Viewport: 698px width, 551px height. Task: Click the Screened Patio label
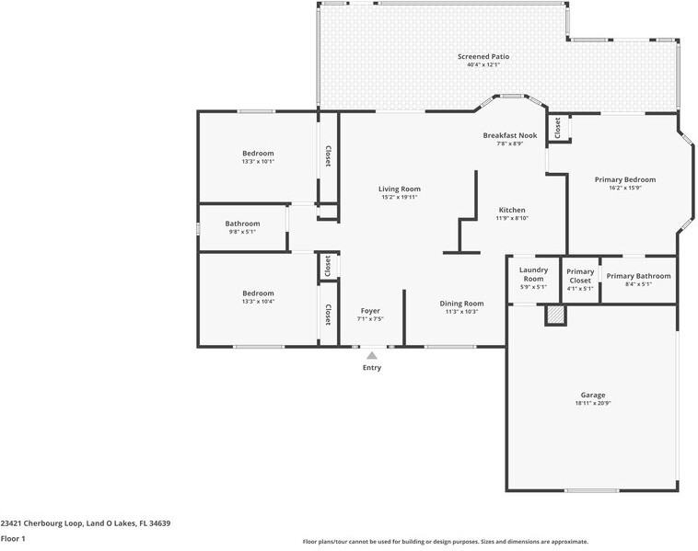483,56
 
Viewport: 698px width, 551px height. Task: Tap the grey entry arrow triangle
372,355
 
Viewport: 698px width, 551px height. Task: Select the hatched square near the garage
555,315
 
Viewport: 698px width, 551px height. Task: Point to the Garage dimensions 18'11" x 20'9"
593,403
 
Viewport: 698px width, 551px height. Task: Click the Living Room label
400,189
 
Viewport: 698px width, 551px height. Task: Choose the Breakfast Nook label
510,135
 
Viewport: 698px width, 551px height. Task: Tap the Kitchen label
512,210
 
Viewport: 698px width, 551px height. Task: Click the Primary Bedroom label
625,179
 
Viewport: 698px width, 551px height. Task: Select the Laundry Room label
533,274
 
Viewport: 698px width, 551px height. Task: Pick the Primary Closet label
580,276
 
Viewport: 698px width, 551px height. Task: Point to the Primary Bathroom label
638,276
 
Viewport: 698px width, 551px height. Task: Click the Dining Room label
461,304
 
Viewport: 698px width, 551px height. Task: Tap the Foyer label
370,311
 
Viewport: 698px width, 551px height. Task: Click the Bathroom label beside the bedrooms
242,224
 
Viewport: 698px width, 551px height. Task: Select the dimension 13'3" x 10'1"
258,161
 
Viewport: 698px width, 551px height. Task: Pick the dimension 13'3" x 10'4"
258,302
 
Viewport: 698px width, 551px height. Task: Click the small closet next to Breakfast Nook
558,128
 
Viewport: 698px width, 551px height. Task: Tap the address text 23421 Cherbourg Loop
41,523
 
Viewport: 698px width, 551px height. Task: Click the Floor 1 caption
13,539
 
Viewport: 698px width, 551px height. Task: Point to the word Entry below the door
372,368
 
